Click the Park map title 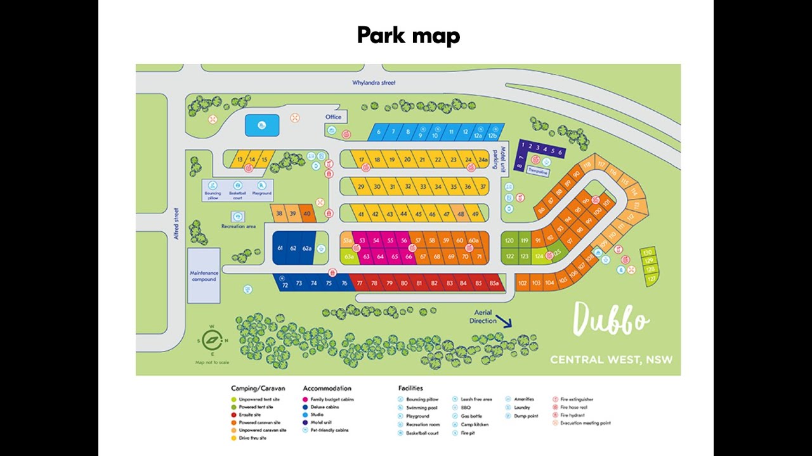pyautogui.click(x=408, y=35)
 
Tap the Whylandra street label pyautogui.click(x=374, y=83)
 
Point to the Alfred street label pyautogui.click(x=177, y=222)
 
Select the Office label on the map pyautogui.click(x=333, y=117)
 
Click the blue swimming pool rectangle pyautogui.click(x=261, y=125)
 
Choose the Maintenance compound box pyautogui.click(x=204, y=275)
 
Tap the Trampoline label pyautogui.click(x=537, y=172)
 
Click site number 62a pyautogui.click(x=307, y=248)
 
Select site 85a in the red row pyautogui.click(x=494, y=283)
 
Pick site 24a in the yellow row pyautogui.click(x=483, y=160)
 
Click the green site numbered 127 pyautogui.click(x=652, y=277)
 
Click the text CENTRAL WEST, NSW pyautogui.click(x=611, y=360)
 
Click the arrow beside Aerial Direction pyautogui.click(x=504, y=321)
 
